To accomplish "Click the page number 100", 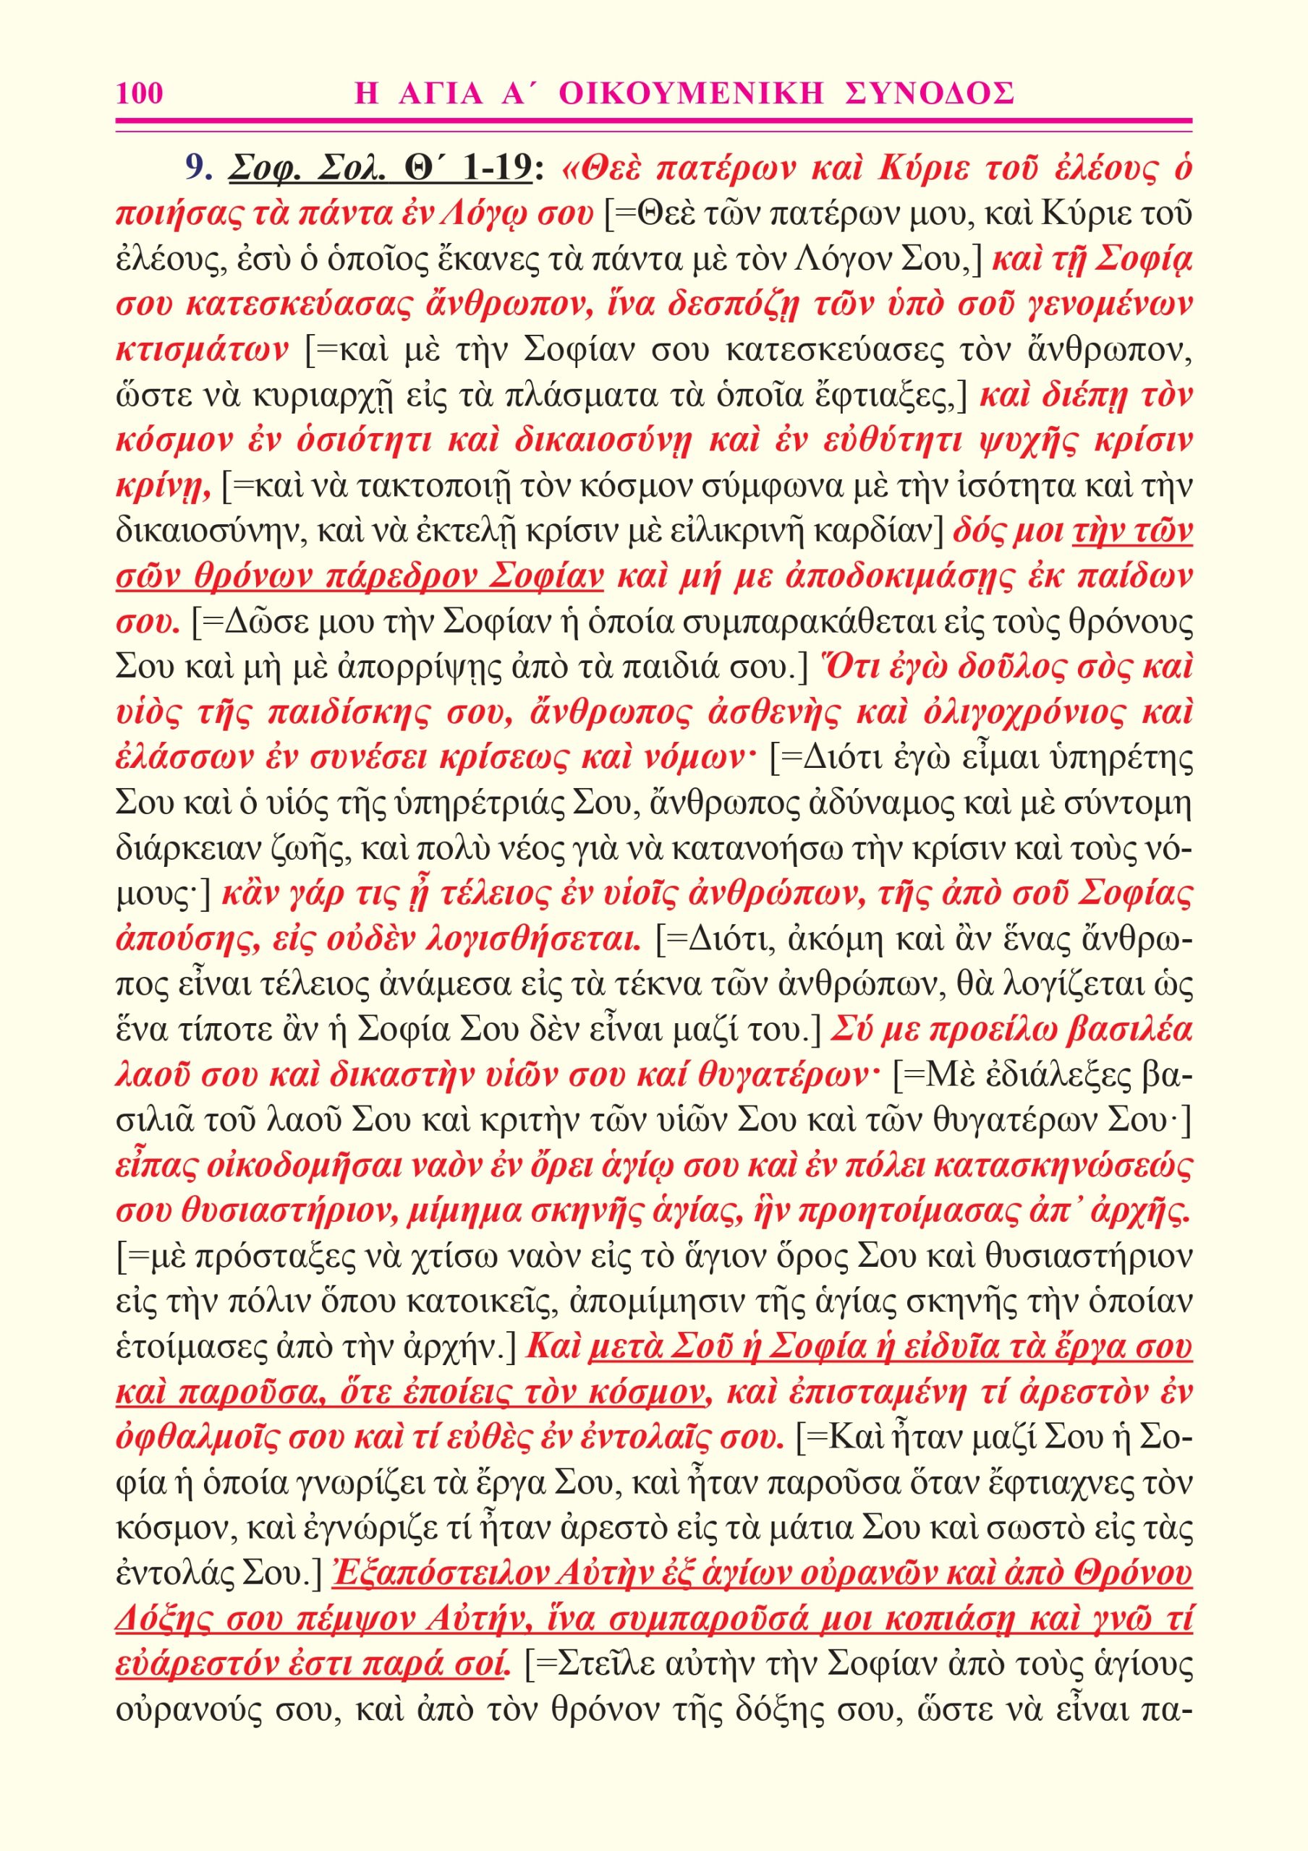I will [140, 93].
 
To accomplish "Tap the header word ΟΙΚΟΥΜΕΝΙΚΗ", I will [691, 93].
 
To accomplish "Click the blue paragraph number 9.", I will [196, 167].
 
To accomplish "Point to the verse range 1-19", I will [498, 167].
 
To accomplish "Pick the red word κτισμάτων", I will [203, 349].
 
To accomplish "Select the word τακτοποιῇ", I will [432, 486].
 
